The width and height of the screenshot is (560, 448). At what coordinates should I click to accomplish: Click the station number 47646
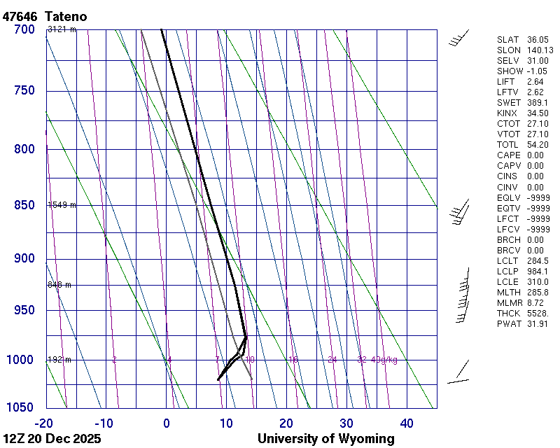tap(21, 16)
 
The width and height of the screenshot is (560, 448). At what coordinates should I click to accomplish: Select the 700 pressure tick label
tap(24, 29)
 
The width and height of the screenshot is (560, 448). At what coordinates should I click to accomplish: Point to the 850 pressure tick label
tap(24, 205)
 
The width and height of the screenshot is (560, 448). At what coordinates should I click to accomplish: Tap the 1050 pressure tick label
tap(21, 407)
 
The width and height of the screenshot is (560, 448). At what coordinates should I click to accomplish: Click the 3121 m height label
tap(62, 29)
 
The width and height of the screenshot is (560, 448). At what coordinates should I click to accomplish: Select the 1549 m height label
tap(62, 205)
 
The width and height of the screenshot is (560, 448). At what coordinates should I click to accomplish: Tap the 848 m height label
tap(59, 285)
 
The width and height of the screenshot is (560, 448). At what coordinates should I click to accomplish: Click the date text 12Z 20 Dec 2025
tap(52, 439)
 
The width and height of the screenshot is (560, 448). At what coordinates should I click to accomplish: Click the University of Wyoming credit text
tap(325, 439)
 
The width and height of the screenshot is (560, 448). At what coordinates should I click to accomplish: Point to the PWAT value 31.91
tap(535, 324)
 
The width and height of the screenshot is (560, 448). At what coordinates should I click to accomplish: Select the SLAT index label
tap(508, 40)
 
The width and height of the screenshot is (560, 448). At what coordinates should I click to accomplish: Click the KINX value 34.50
tap(535, 113)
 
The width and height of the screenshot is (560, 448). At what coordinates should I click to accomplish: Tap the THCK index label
tap(508, 314)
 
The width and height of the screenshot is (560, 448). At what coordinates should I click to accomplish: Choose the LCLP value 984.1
tap(535, 272)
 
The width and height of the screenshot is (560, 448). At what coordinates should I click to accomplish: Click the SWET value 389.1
tap(535, 103)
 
